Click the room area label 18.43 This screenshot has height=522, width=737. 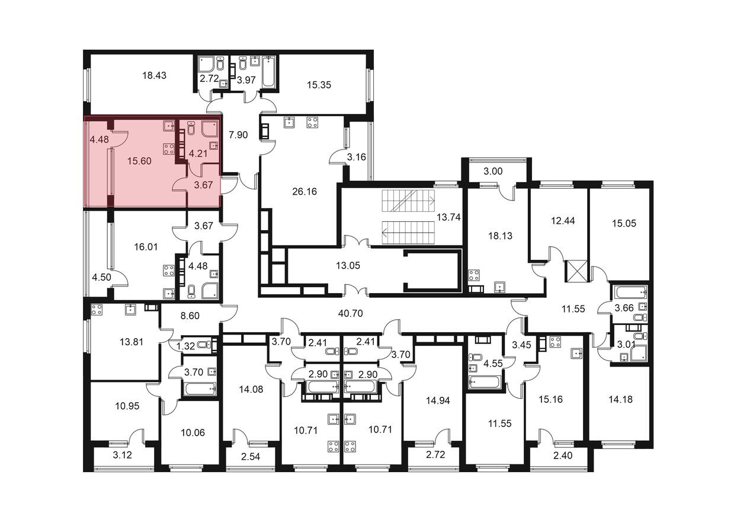click(156, 75)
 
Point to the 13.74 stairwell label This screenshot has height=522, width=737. click(448, 218)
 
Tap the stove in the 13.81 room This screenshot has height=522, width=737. click(97, 309)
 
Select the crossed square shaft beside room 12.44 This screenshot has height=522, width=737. click(575, 271)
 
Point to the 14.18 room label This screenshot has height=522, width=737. click(620, 399)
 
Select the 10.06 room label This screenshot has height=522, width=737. click(191, 432)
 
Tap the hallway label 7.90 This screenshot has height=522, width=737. click(238, 135)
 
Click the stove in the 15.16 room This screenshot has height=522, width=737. click(555, 342)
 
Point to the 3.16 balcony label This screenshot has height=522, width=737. click(357, 157)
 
